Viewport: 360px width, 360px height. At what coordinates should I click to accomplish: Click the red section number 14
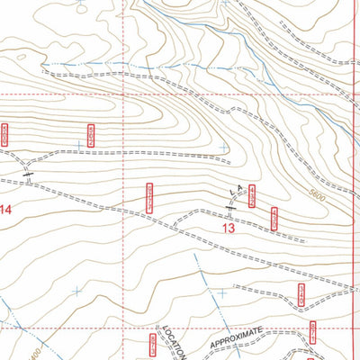pyautogui.click(x=7, y=211)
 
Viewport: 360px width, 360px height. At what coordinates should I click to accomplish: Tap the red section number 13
pyautogui.click(x=229, y=229)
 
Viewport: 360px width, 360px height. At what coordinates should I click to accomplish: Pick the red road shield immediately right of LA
pyautogui.click(x=252, y=193)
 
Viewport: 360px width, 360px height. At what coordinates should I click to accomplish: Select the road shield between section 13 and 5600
pyautogui.click(x=274, y=217)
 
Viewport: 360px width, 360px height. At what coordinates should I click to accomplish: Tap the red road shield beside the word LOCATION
pyautogui.click(x=152, y=343)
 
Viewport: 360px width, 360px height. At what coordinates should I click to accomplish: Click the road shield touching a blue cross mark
pyautogui.click(x=90, y=135)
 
